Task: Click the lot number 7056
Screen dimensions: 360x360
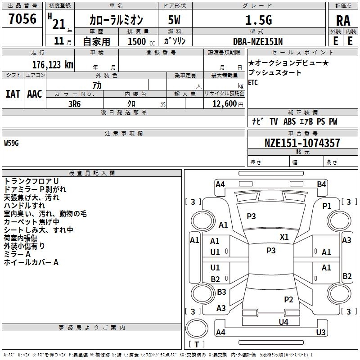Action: click(22, 19)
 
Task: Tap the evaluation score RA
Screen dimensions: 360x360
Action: click(343, 21)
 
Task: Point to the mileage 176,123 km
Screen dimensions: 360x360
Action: click(53, 64)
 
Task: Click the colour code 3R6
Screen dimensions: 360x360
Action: click(74, 103)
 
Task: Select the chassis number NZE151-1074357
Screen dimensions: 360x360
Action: click(302, 143)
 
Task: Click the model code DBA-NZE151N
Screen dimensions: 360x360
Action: click(258, 41)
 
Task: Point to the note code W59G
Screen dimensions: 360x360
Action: click(12, 143)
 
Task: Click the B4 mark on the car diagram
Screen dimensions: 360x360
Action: click(321, 184)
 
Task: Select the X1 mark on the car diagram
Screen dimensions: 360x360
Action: click(284, 237)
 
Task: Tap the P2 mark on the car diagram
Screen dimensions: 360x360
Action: click(288, 299)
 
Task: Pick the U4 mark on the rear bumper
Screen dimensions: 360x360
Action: click(283, 322)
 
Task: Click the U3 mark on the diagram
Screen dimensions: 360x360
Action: click(321, 333)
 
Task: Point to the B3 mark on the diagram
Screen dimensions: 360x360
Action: click(221, 292)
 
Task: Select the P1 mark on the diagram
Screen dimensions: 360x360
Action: click(327, 206)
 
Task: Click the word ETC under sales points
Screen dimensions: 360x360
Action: click(253, 82)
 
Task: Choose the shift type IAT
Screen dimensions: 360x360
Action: click(13, 94)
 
